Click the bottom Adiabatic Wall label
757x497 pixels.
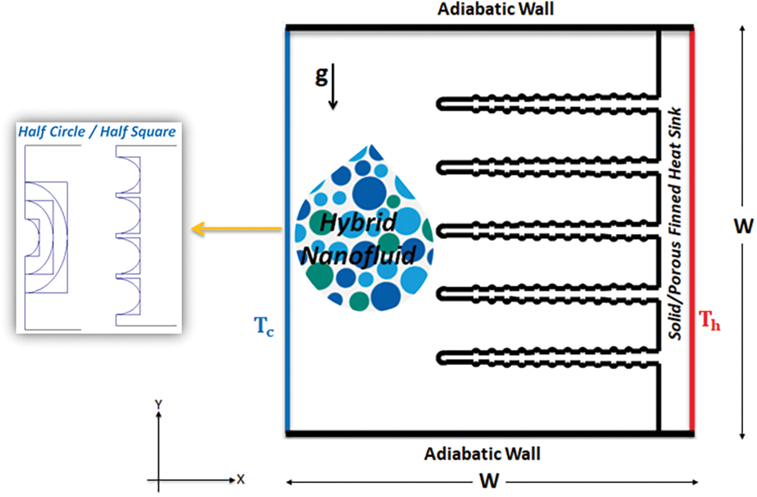pyautogui.click(x=482, y=454)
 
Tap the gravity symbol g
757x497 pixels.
pyautogui.click(x=321, y=78)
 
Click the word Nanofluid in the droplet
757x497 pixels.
pyautogui.click(x=359, y=255)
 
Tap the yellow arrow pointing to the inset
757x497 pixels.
pyautogui.click(x=237, y=228)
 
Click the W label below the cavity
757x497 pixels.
pyautogui.click(x=489, y=482)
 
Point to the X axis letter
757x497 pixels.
pyautogui.click(x=241, y=479)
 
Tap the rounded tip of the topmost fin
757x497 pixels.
pyautogui.click(x=441, y=104)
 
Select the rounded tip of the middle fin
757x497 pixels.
pyautogui.click(x=441, y=231)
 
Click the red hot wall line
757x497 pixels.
pyautogui.click(x=691, y=230)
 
